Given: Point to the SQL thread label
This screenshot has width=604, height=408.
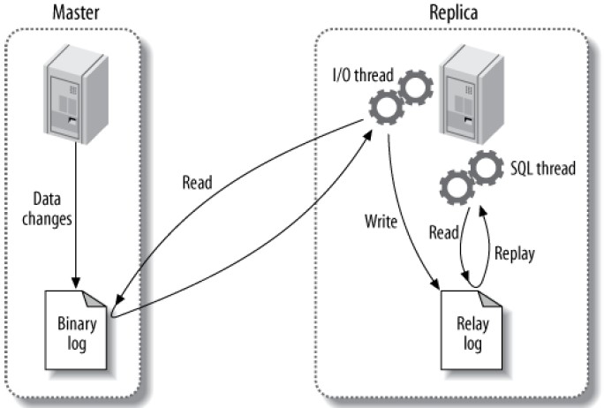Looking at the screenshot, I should [x=544, y=167].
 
